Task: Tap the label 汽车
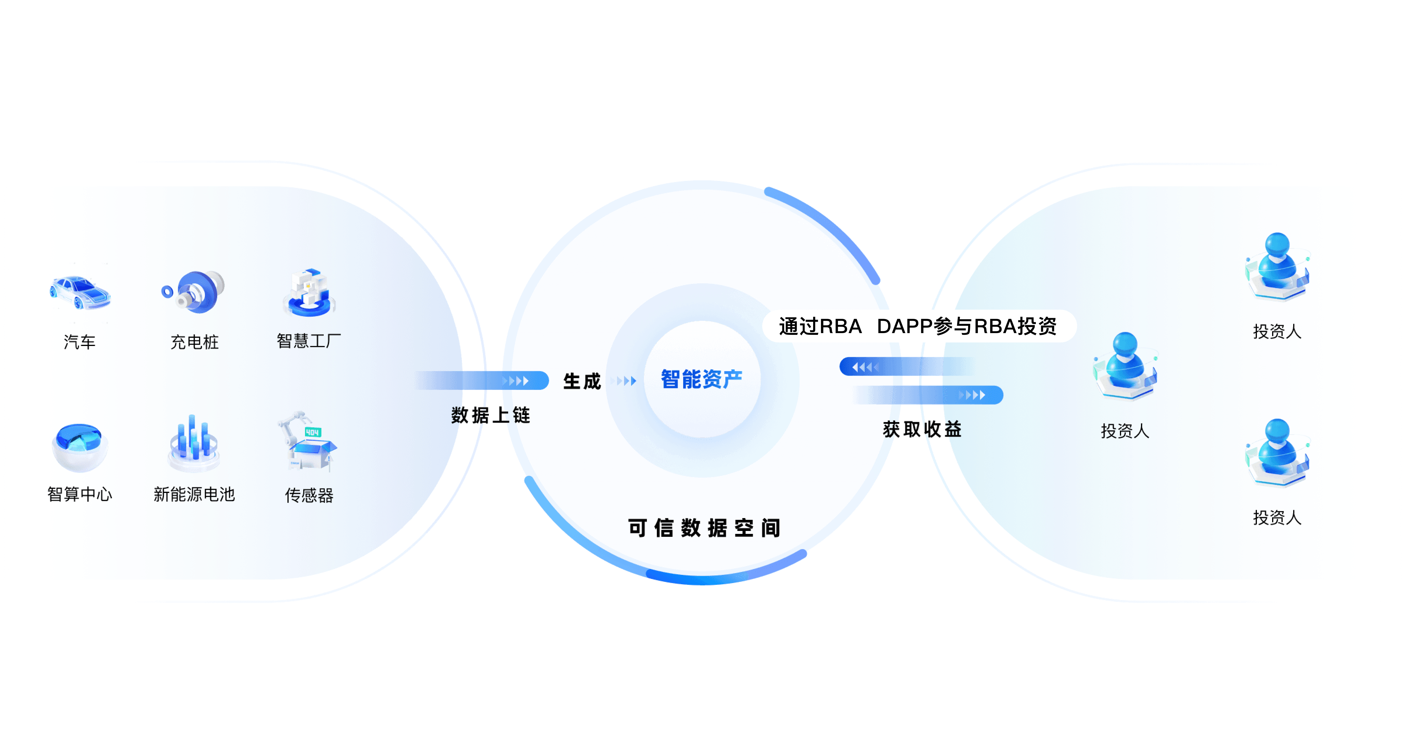[x=80, y=342]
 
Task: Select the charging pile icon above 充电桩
[x=194, y=292]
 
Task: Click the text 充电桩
[x=194, y=342]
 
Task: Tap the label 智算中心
[x=80, y=494]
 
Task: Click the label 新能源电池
[x=194, y=494]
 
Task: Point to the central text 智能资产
[x=702, y=379]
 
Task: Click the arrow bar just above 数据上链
[x=485, y=380]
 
